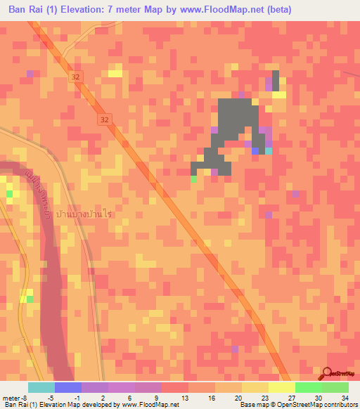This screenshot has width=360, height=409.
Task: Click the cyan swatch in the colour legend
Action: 41,387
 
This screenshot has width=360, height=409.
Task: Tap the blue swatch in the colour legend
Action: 67,387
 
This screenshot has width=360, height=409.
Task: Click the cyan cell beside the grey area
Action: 269,150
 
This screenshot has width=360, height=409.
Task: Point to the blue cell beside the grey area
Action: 255,150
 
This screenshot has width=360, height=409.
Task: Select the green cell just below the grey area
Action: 193,178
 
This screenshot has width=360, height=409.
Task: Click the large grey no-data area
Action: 235,123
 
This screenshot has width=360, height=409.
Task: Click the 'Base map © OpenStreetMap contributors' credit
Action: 297,405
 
